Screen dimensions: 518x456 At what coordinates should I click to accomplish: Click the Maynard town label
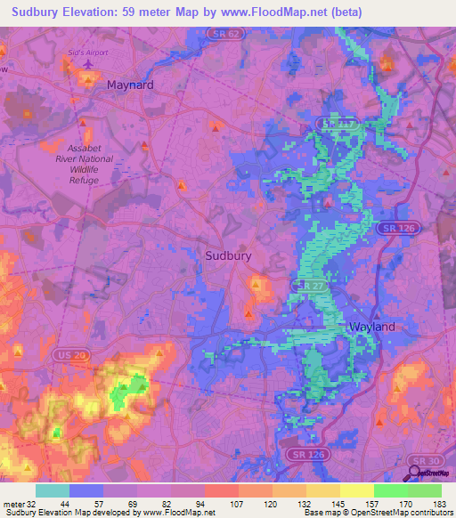[x=130, y=85]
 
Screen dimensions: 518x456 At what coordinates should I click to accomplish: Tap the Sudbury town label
[x=228, y=255]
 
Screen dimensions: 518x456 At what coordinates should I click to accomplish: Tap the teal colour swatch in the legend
[x=53, y=490]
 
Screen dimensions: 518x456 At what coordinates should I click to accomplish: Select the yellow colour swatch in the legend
[x=356, y=490]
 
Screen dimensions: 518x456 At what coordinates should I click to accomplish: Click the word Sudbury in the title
[x=38, y=11]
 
